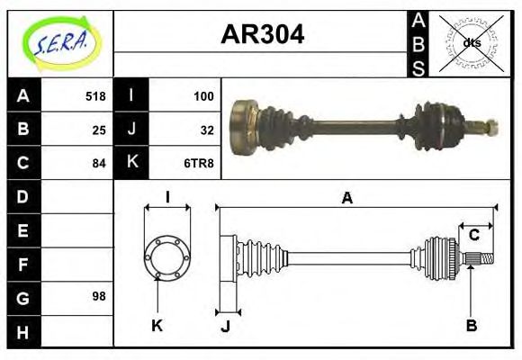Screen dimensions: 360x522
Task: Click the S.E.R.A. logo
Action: click(x=60, y=41)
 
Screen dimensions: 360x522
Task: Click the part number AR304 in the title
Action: click(x=262, y=35)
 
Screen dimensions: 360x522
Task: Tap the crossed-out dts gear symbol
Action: click(x=471, y=42)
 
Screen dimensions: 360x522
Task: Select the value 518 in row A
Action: click(x=95, y=96)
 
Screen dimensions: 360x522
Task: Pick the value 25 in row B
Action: click(x=99, y=130)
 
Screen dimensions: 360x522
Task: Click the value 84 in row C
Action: click(x=99, y=163)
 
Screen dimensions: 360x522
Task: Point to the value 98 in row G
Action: click(x=99, y=296)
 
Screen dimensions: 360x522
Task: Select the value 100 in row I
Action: click(x=203, y=96)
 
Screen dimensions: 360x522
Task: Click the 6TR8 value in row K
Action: click(x=201, y=163)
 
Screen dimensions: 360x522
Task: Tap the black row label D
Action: click(x=23, y=196)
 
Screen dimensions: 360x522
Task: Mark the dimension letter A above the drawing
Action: click(x=346, y=199)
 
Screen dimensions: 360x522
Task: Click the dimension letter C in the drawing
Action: click(x=473, y=236)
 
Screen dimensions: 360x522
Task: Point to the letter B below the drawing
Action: click(x=471, y=325)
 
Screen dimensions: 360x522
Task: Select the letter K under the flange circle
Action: click(x=157, y=325)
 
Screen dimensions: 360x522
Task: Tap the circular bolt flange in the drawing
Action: click(x=167, y=256)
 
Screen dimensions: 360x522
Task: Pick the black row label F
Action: click(x=23, y=264)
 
